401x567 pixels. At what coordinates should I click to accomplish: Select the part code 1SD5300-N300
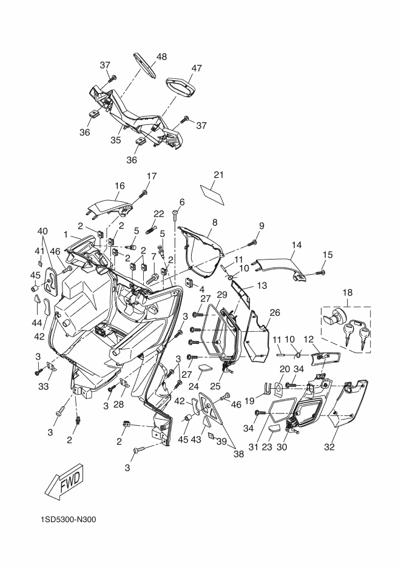click(69, 520)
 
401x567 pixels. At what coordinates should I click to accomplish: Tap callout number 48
click(161, 57)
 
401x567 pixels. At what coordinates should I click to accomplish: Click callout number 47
click(197, 68)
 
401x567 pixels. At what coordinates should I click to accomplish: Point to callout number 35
click(116, 140)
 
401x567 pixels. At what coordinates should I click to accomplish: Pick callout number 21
click(218, 175)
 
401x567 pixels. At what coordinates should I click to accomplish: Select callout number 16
click(120, 186)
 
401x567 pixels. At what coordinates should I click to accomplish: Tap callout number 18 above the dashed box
click(348, 292)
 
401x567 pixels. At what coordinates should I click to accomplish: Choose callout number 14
click(297, 245)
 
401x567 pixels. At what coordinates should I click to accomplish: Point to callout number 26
click(275, 312)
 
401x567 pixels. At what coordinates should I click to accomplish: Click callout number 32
click(329, 448)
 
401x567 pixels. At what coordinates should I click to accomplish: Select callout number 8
click(215, 223)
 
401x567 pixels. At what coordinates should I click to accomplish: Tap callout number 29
click(221, 295)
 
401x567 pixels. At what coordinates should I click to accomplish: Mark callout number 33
click(44, 386)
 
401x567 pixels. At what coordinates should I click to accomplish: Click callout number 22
click(159, 214)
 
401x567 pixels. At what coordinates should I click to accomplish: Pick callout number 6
click(182, 202)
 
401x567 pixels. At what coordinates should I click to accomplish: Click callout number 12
click(308, 340)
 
